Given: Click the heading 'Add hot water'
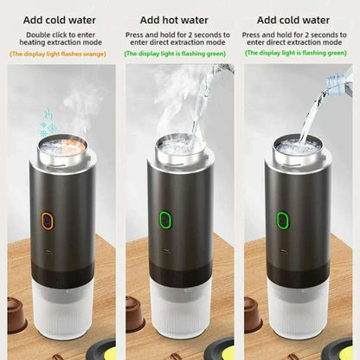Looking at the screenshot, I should click(178, 19).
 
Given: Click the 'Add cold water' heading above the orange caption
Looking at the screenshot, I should click(59, 19).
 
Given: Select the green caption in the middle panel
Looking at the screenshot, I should click(179, 54).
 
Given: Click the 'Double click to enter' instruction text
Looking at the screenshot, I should click(60, 35).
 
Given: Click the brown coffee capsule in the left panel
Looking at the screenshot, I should click(16, 317).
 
